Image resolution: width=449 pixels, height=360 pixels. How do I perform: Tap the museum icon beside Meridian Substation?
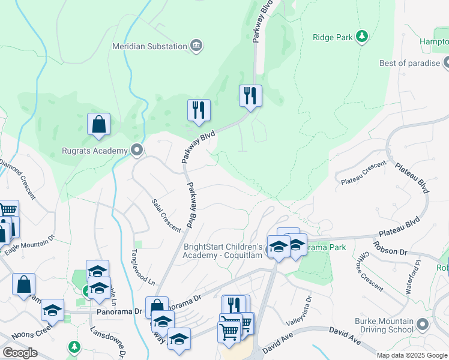coord(196,46)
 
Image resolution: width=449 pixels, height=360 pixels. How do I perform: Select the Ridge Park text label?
coord(333,37)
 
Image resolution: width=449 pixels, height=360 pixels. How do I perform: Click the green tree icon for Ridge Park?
coord(361,37)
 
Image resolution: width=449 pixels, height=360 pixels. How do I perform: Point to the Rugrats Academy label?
coord(95,151)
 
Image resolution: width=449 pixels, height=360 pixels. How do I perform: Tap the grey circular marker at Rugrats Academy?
coord(137,150)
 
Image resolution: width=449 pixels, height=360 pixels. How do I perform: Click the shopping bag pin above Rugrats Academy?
coord(98,125)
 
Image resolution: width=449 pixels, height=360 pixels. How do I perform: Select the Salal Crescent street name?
coord(166,216)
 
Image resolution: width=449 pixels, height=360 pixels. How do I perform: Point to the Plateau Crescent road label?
coord(364,173)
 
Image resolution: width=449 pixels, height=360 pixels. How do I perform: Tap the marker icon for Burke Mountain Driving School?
coord(423,325)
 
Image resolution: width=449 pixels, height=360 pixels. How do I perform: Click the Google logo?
coord(20,353)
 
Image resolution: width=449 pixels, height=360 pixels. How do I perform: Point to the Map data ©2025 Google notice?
coord(412,355)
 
